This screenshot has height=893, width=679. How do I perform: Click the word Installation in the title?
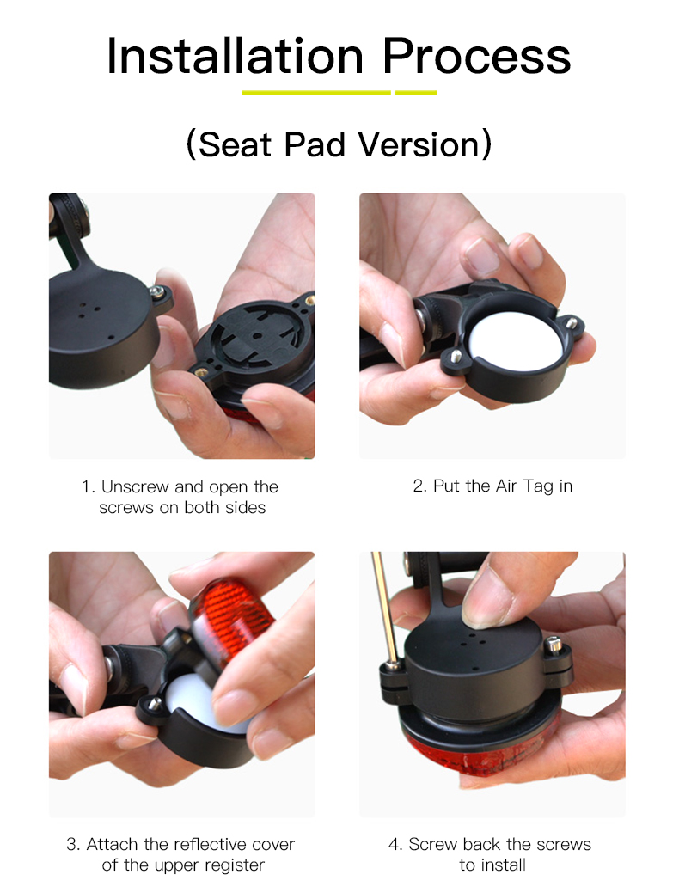point(236,57)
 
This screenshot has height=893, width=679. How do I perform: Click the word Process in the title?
point(476,57)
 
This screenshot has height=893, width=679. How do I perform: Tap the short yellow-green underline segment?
point(416,92)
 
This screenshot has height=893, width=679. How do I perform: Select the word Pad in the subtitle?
point(315,144)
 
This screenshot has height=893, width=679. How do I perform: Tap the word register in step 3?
point(235,865)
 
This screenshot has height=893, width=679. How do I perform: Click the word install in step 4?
point(501,865)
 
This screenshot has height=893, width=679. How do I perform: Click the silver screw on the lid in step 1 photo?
point(157,291)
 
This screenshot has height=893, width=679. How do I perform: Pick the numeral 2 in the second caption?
point(418,486)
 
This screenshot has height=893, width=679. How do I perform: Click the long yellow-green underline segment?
point(316,92)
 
